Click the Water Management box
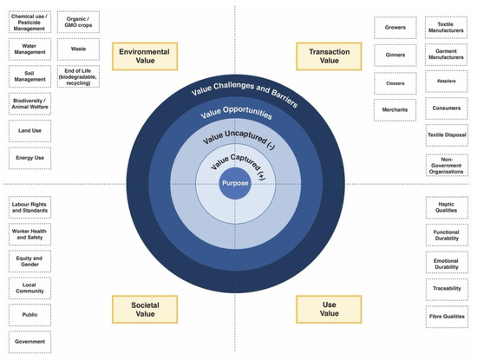tap(29, 49)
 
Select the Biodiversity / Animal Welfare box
tap(29, 103)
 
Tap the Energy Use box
tap(29, 158)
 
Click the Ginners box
tap(395, 55)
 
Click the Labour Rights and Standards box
tap(29, 207)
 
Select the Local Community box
tap(29, 288)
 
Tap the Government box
tap(29, 342)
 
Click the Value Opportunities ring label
tap(236, 115)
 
